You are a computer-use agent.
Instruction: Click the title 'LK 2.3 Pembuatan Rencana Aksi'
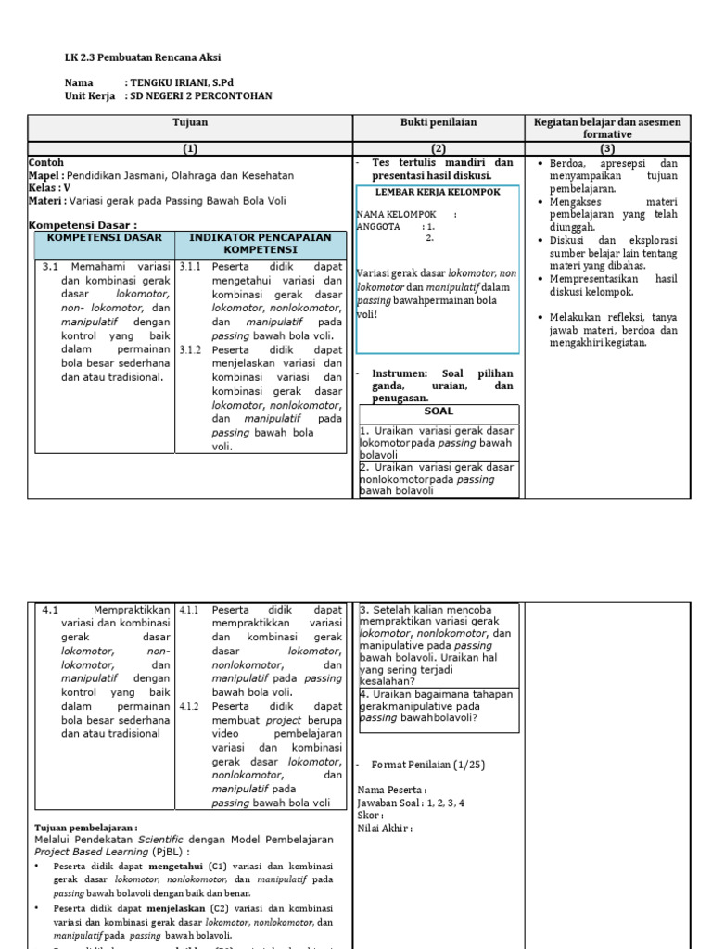coord(143,57)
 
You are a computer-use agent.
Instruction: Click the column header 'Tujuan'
coord(190,122)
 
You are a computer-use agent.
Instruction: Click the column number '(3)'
coord(607,148)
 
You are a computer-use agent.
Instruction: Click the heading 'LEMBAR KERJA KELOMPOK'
coord(438,192)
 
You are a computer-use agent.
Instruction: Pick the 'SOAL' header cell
coord(438,411)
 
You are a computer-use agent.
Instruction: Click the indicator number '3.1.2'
coord(190,349)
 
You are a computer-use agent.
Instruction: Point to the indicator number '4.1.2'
coord(190,706)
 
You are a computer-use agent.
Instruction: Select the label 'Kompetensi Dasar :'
coord(83,225)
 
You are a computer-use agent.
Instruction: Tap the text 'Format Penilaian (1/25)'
coord(427,765)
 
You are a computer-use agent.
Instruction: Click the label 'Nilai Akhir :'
coord(385,829)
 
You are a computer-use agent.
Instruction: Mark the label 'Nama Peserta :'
coord(392,790)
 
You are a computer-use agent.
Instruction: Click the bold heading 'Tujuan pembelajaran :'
coord(86,828)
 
